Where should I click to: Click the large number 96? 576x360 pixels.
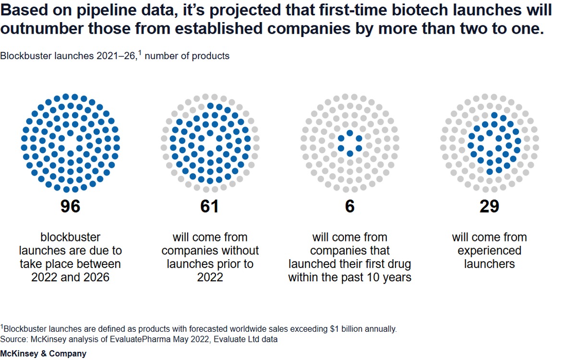(70, 206)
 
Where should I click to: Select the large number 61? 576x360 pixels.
(210, 206)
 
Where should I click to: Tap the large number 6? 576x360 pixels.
(350, 206)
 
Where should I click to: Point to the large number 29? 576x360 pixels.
(489, 206)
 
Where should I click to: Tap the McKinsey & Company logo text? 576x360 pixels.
(43, 354)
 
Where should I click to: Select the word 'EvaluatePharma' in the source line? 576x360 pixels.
(140, 339)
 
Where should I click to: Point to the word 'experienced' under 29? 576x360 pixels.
(489, 251)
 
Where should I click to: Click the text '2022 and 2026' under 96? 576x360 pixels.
(70, 277)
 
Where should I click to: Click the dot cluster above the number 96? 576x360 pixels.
(70, 143)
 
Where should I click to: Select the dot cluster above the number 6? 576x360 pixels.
(350, 143)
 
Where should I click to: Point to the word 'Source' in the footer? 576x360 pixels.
(14, 339)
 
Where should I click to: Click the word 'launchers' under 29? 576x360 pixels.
(489, 264)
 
